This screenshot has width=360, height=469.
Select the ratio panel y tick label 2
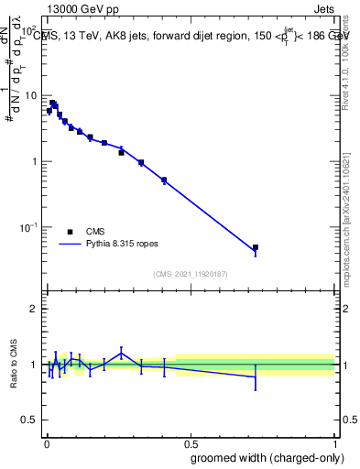(x=34, y=309)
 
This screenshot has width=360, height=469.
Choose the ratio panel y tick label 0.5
(x=29, y=421)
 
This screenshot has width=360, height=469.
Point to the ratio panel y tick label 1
(x=34, y=365)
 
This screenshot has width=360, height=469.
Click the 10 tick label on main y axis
(x=30, y=96)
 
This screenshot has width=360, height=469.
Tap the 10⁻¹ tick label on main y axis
(x=28, y=227)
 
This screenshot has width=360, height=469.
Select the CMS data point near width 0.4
(x=163, y=180)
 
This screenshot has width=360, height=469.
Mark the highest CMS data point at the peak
(x=52, y=103)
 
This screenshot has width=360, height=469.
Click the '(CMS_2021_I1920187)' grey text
(x=191, y=272)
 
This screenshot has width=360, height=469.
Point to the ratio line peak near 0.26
(x=121, y=351)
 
